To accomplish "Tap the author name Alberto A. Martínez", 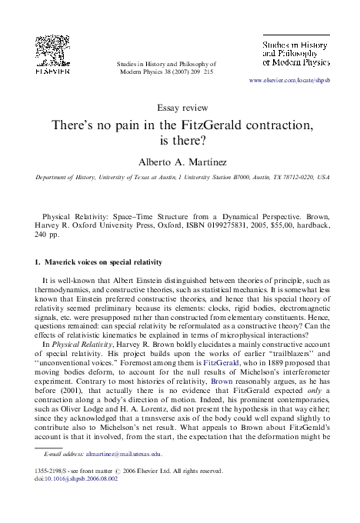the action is click(180, 162).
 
